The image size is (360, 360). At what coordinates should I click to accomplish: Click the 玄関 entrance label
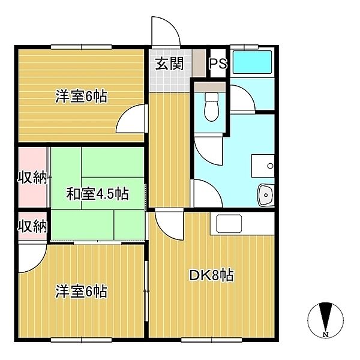pos(170,64)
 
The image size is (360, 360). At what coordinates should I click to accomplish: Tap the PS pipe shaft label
pos(218,64)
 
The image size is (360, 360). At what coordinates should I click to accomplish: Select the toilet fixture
pos(211,107)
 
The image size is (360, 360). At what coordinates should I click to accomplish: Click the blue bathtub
pos(252,62)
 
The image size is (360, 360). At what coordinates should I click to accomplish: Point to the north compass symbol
pos(325,320)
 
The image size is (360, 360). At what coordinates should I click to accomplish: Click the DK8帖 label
pos(211,275)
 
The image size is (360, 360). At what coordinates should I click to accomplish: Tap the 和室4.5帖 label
pos(98,194)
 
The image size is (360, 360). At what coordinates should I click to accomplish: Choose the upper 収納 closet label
pos(32,178)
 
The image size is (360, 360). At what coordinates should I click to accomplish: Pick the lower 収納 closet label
pos(32,226)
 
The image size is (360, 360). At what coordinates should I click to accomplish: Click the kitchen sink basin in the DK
pos(229,223)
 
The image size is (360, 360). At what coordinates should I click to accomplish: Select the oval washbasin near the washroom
pos(266,195)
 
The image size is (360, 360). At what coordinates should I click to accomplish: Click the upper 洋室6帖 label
pos(81,97)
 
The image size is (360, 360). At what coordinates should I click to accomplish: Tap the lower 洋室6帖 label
pos(81,292)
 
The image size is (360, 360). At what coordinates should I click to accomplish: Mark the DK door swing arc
pos(165,232)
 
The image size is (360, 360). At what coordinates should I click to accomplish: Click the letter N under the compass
pos(325,334)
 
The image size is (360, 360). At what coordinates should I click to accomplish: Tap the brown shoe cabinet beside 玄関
pos(199,63)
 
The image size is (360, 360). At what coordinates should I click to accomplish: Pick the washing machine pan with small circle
pos(263,166)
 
